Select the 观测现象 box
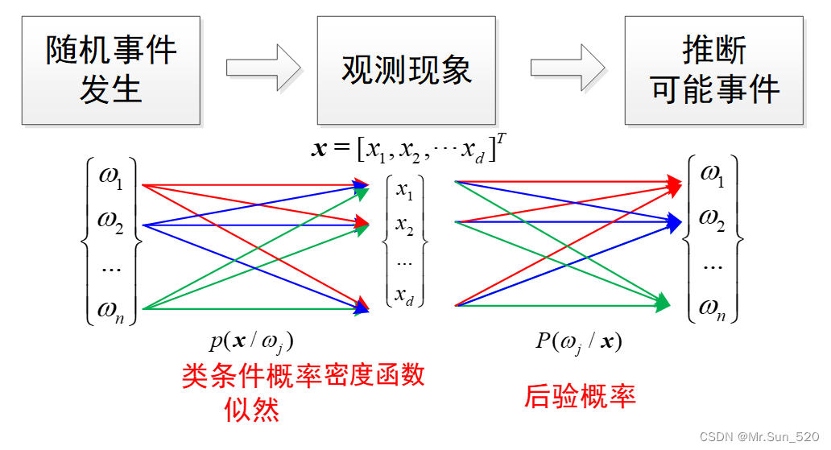click(407, 70)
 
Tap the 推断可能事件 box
click(714, 70)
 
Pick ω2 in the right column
click(713, 218)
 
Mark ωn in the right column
click(713, 307)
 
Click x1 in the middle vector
click(404, 191)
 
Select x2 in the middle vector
click(404, 229)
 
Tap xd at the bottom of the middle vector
click(404, 295)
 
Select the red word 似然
click(252, 410)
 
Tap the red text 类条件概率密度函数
click(303, 376)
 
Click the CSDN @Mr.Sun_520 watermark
click(759, 436)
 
